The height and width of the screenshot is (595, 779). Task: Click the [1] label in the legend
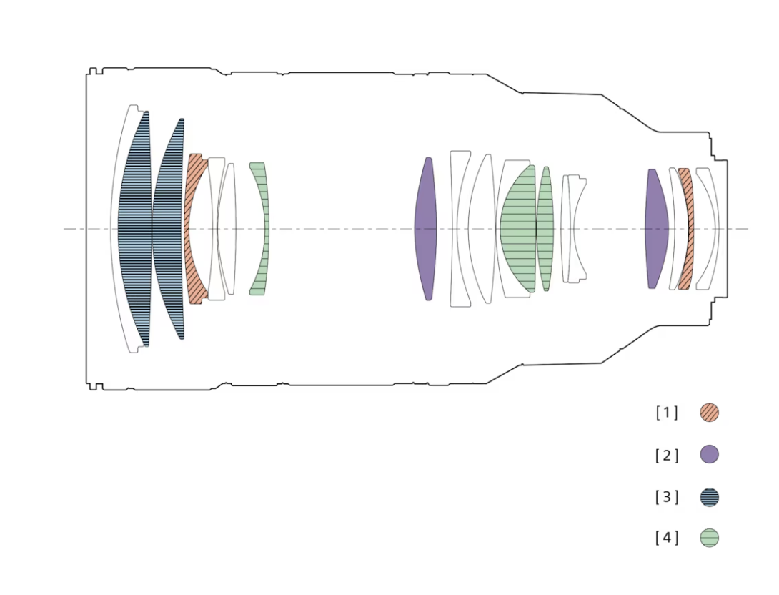tap(666, 413)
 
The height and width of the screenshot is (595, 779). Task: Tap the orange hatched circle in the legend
tap(709, 413)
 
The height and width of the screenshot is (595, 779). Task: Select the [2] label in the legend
tap(666, 455)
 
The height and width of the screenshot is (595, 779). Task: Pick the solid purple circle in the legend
tap(709, 454)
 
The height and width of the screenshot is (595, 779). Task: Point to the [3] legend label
tap(666, 496)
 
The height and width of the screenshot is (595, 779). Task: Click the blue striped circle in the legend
tap(709, 497)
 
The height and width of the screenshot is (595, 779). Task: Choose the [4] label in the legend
tap(666, 537)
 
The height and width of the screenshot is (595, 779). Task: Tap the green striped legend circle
tap(709, 538)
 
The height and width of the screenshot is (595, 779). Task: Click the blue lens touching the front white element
tap(135, 229)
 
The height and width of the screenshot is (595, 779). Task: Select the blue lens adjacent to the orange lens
tap(169, 229)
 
